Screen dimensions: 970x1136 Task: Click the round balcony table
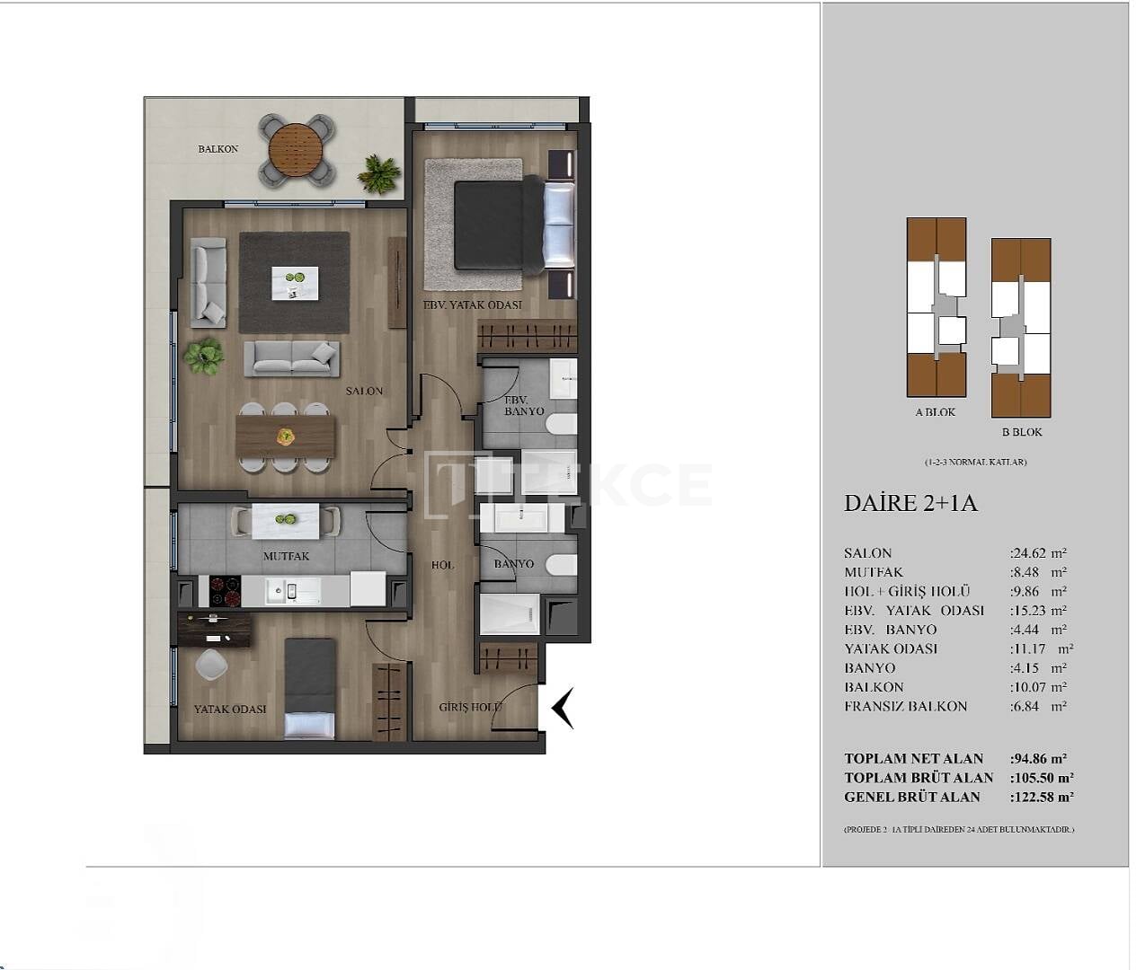(297, 149)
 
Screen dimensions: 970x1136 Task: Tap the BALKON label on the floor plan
(218, 149)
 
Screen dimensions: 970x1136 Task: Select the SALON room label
(364, 391)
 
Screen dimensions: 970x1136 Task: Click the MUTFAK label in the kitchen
(286, 556)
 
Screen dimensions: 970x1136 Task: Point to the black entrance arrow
(563, 708)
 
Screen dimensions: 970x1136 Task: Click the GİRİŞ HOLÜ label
(470, 707)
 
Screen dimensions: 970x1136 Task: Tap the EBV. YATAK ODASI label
(473, 304)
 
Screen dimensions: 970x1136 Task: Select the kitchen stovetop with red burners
(225, 590)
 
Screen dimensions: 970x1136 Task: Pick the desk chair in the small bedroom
(211, 664)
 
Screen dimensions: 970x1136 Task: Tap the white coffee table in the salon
(295, 282)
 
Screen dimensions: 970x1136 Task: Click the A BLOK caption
(935, 412)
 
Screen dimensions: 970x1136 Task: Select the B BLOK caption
(1022, 432)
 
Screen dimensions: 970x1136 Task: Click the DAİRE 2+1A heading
(910, 503)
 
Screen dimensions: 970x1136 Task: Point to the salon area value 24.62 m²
(1038, 553)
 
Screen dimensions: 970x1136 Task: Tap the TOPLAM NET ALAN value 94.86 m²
(1040, 758)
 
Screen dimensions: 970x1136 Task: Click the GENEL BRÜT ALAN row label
(912, 797)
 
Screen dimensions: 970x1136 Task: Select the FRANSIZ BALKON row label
(906, 706)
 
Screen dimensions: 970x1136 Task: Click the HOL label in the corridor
(442, 565)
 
